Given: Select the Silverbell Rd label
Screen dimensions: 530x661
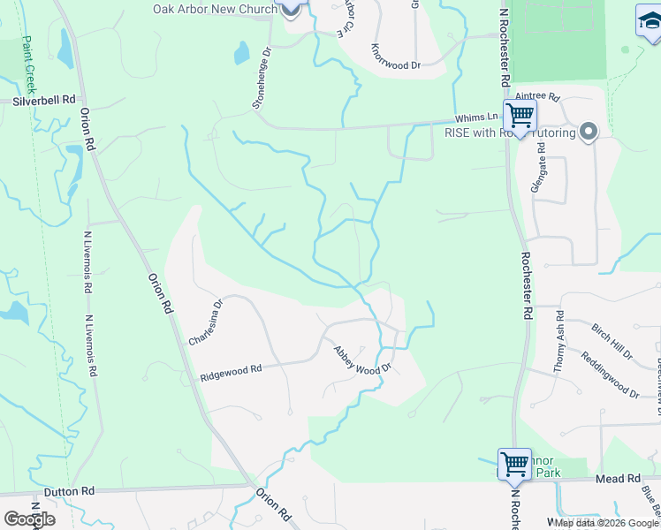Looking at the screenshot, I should pos(44,101).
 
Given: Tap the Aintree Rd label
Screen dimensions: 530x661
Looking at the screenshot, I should pos(538,95).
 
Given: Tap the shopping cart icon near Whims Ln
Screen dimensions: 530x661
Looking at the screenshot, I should pos(520,116).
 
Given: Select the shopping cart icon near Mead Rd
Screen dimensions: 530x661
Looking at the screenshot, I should pos(514,463).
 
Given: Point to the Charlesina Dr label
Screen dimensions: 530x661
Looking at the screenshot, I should pos(207,322).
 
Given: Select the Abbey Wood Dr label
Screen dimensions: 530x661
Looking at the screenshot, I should pos(361,360).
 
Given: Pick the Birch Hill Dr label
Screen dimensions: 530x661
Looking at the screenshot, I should pos(612,342).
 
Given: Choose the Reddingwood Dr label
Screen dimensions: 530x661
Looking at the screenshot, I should pos(610,375).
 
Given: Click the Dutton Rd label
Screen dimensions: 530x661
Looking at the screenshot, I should pos(69,490).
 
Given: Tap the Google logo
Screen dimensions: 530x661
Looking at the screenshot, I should pos(29,519).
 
